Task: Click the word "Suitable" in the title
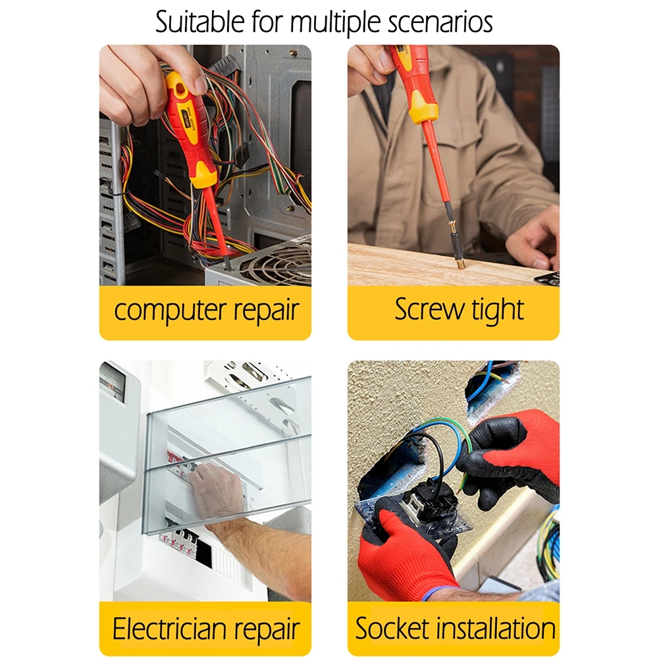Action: click(196, 21)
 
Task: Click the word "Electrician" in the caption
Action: click(172, 628)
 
